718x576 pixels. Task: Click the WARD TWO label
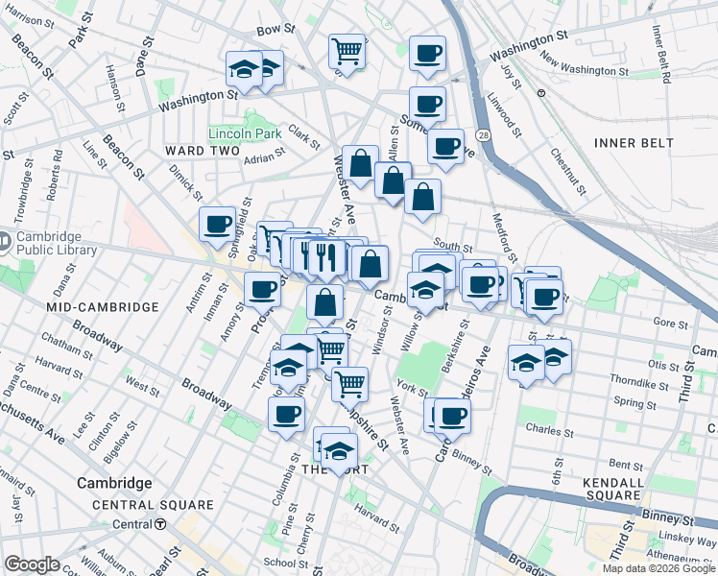click(x=201, y=151)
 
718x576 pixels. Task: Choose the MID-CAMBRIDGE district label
click(x=102, y=306)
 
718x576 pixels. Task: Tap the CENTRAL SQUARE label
click(x=153, y=505)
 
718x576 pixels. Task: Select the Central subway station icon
click(x=161, y=524)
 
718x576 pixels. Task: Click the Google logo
click(x=32, y=564)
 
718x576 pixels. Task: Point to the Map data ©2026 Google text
click(x=658, y=568)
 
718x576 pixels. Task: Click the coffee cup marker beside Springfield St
click(x=218, y=224)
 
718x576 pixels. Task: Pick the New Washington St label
click(x=584, y=70)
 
